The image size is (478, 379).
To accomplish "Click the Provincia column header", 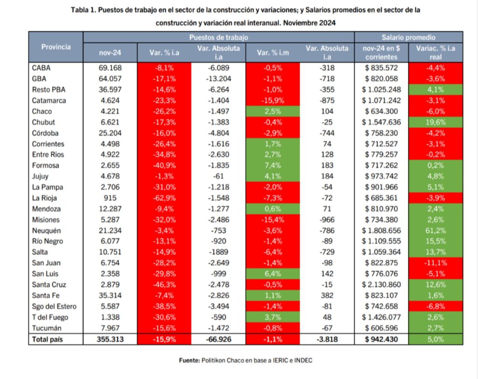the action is coord(56,47).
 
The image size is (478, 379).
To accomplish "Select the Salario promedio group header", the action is coord(408,37).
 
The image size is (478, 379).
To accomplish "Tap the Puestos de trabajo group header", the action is coord(218,37).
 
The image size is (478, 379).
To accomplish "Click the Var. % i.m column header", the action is coord(273,53).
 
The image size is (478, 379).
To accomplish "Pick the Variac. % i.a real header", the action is coord(436,53).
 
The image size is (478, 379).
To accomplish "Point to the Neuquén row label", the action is coord(46,231).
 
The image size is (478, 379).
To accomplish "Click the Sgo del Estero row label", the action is coord(54,307).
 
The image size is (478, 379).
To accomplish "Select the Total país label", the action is coord(47,339).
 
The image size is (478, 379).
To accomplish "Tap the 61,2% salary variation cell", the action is coord(436,231).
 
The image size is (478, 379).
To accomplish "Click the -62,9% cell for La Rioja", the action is coord(164,198).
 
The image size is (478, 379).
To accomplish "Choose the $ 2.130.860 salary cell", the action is coord(381,285).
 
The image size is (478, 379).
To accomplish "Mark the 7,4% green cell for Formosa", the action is coord(273,165).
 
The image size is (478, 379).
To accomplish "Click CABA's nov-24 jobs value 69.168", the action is coord(110,68).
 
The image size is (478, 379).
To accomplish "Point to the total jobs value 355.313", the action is coord(110,339).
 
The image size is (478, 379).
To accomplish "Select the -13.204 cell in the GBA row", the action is coord(218,79).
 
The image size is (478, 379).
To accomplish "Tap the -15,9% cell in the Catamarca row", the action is coord(273,100).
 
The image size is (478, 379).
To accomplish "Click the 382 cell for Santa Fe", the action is coord(327,296).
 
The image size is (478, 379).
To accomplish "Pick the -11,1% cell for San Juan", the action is coord(436,263).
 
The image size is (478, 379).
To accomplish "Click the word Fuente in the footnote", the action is coord(189,360).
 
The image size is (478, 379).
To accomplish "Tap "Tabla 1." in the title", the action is coord(84,10).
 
